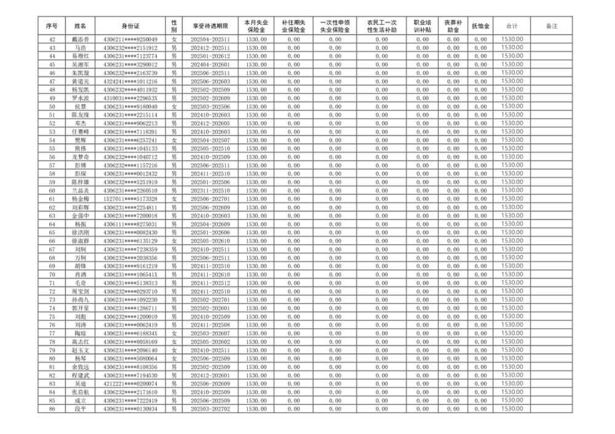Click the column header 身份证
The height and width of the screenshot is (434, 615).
[130, 26]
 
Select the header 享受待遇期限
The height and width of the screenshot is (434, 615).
[210, 26]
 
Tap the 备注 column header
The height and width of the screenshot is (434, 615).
[551, 26]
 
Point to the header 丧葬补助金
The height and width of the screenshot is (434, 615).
[453, 26]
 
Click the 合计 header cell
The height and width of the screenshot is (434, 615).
[512, 26]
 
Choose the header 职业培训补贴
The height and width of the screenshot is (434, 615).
[422, 26]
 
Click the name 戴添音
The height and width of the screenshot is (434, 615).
[81, 39]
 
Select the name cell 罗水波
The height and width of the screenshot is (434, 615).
[81, 98]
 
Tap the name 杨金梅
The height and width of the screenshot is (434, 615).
[81, 199]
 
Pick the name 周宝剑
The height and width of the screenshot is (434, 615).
[81, 291]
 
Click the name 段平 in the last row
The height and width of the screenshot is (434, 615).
[81, 409]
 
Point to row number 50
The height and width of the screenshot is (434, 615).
[52, 106]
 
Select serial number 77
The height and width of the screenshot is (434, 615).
[52, 333]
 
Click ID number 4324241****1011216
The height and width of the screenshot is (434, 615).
[130, 81]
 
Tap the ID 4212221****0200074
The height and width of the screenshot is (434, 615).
[130, 384]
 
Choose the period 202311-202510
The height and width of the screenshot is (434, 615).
[210, 191]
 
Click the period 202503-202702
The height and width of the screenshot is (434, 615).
[210, 409]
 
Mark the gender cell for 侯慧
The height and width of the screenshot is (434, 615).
[174, 106]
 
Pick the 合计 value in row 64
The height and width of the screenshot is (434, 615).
[512, 224]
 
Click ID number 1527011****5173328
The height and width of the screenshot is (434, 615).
[130, 199]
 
